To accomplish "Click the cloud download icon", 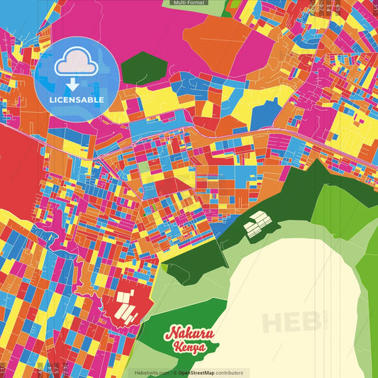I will tap(77, 65).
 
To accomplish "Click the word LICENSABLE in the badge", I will tap(77, 100).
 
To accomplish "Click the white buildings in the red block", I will tap(126, 303).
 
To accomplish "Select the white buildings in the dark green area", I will tap(257, 224).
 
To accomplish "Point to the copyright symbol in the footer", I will tap(174, 372).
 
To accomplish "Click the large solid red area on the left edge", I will tap(16, 170).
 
